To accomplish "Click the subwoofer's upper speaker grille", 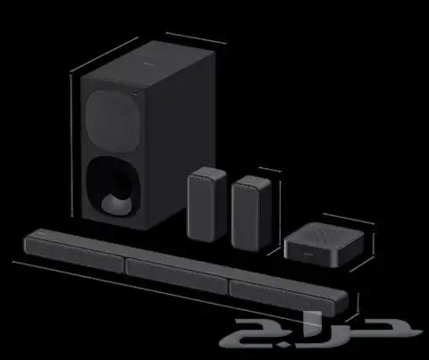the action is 113,121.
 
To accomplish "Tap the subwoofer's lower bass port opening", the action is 113,186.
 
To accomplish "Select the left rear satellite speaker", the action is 206,205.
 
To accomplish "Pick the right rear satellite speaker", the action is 251,213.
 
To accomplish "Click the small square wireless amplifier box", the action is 324,244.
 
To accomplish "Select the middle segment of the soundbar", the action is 177,276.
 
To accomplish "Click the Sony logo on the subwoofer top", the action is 147,63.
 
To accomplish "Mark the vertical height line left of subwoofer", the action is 71,146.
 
